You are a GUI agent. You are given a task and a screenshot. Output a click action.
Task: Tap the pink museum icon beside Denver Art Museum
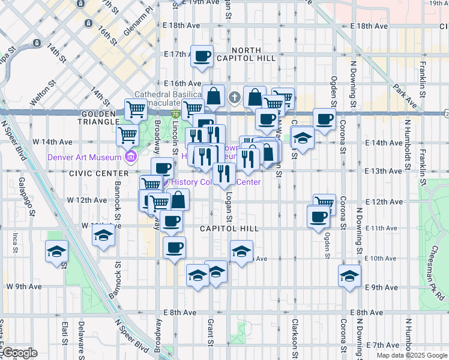(130, 157)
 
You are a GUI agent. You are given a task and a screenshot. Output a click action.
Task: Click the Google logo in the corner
(19, 353)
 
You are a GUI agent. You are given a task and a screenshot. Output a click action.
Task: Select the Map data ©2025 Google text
(411, 355)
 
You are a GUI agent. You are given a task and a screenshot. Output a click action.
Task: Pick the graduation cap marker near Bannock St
(104, 236)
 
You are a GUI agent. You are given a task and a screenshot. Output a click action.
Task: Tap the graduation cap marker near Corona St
(349, 276)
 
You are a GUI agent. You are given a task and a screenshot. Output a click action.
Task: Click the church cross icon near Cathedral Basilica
(234, 96)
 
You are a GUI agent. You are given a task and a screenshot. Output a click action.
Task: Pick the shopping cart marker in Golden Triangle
(136, 110)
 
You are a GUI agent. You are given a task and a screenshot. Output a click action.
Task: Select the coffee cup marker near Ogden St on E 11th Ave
(318, 217)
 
